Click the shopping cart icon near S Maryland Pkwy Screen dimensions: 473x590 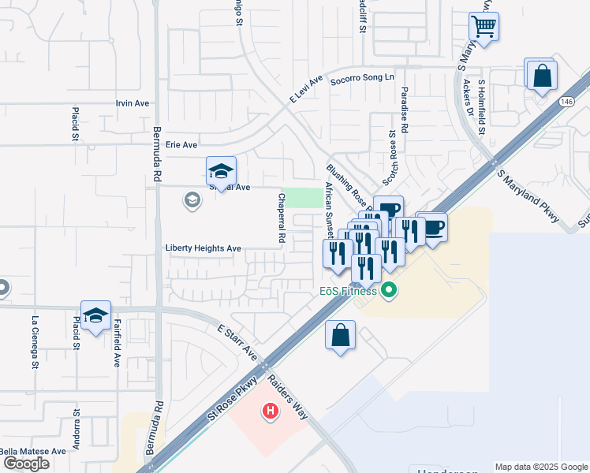(x=484, y=26)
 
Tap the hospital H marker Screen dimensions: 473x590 (x=271, y=411)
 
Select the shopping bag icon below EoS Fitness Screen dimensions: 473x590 (x=340, y=335)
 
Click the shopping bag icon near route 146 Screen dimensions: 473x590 (x=541, y=76)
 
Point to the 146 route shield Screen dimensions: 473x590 (x=568, y=102)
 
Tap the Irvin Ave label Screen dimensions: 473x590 (x=133, y=103)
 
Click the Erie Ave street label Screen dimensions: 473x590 (x=181, y=145)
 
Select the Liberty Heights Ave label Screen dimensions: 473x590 (x=203, y=248)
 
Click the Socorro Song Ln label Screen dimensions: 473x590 (x=362, y=78)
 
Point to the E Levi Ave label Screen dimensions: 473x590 (x=307, y=89)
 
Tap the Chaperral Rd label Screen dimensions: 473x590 (x=281, y=217)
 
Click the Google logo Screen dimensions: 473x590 (x=26, y=464)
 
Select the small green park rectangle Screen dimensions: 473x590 (x=303, y=198)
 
